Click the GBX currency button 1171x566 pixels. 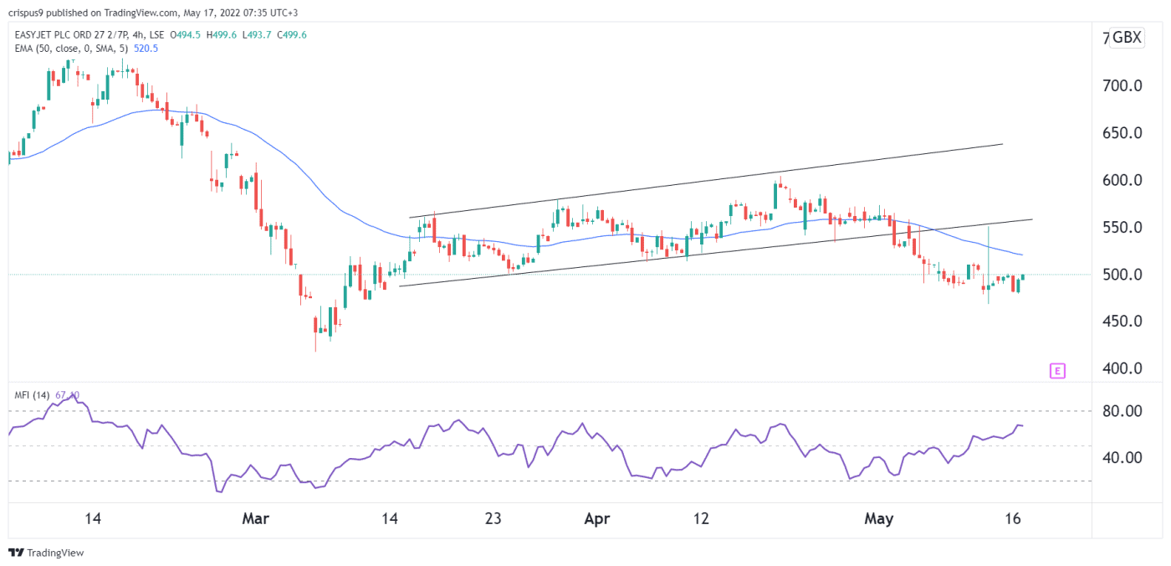tap(1127, 38)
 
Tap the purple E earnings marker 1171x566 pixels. tap(1057, 371)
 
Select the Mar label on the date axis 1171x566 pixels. tap(255, 519)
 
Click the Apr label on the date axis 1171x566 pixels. tap(596, 519)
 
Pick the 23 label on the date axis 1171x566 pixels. tap(493, 519)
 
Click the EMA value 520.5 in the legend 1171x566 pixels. tap(146, 49)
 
